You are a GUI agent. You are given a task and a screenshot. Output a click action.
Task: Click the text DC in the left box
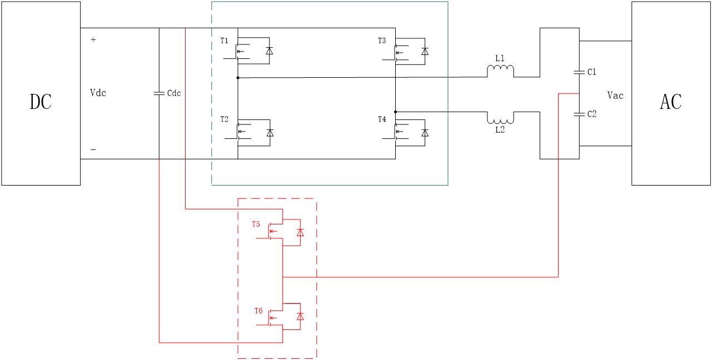[41, 102]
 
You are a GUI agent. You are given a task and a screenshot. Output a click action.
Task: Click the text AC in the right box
[670, 102]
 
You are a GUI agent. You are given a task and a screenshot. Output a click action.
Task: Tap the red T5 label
[256, 224]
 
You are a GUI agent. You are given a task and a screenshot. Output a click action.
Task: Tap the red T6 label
[258, 311]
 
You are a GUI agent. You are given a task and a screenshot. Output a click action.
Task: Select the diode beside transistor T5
[300, 233]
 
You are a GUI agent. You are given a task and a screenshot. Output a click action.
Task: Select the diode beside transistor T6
[300, 317]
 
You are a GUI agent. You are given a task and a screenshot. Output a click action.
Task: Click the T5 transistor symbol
[272, 231]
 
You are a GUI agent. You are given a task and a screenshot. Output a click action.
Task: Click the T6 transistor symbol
[272, 318]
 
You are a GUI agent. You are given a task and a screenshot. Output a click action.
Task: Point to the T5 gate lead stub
[261, 238]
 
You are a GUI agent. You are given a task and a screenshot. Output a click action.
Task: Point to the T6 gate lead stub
[261, 325]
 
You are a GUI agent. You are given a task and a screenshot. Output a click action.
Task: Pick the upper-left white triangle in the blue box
[270, 51]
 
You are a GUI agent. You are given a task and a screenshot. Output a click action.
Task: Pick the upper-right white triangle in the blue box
[425, 52]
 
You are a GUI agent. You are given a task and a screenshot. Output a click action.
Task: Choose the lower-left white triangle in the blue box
[270, 133]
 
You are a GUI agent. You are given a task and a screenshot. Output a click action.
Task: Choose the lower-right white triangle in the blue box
[425, 133]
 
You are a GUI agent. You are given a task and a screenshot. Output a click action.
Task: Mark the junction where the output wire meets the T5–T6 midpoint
[282, 277]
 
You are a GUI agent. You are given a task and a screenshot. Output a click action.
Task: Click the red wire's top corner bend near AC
[558, 94]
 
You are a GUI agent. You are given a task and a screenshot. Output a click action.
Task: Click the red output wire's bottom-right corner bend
[558, 277]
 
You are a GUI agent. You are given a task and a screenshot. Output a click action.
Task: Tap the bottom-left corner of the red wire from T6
[159, 343]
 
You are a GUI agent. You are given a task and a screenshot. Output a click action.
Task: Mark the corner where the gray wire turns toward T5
[185, 209]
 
